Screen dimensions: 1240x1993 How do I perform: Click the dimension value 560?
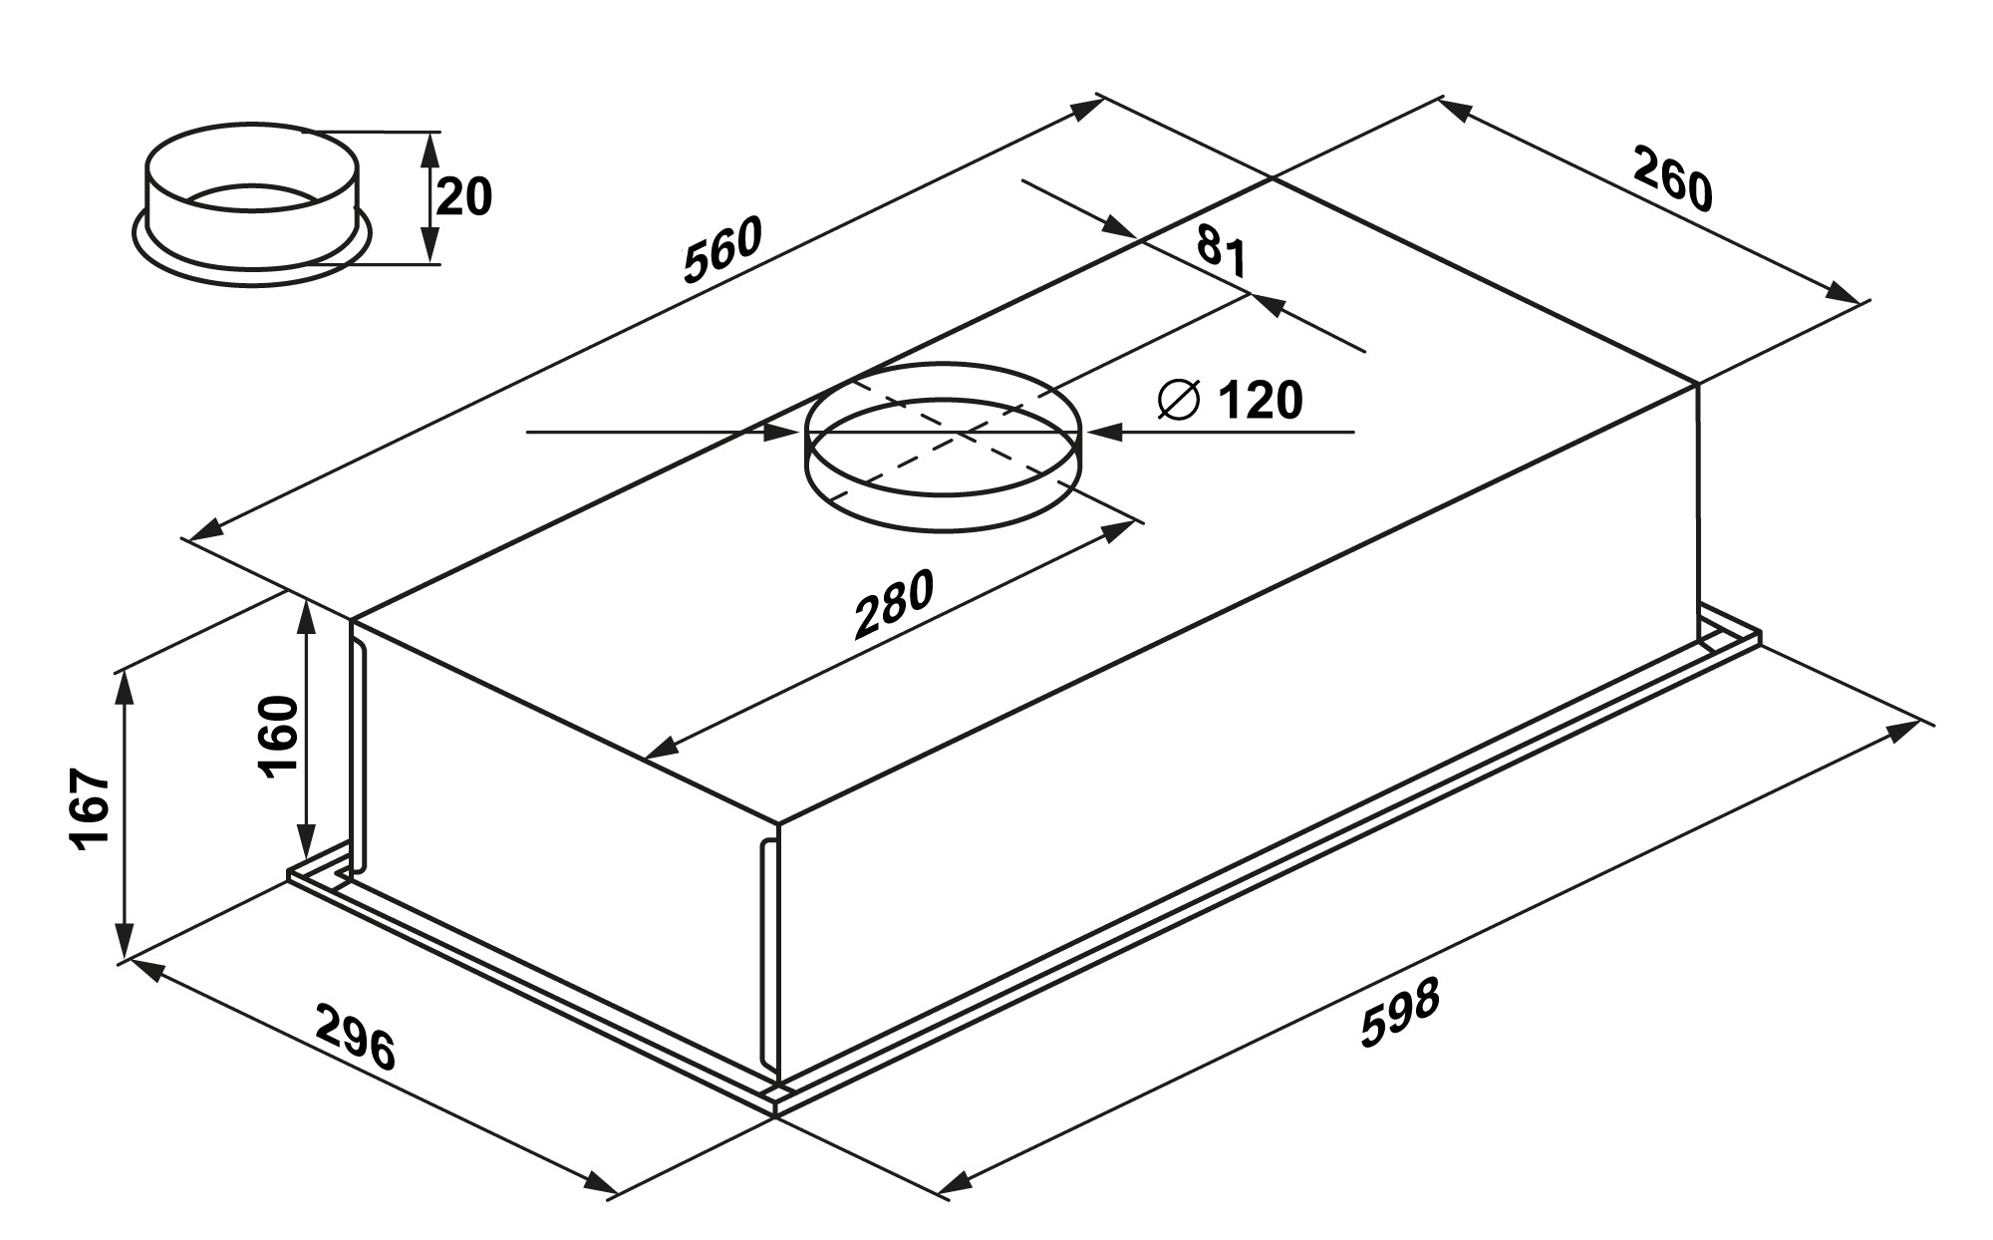coord(723,248)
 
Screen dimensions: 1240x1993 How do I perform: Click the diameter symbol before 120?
coord(1178,401)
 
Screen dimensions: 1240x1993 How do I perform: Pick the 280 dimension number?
coord(895,604)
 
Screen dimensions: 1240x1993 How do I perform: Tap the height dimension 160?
coord(279,736)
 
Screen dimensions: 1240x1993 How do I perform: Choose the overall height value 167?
coord(91,809)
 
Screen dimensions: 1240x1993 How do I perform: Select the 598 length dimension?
coord(1401,1014)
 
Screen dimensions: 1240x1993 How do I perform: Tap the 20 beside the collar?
coord(464,196)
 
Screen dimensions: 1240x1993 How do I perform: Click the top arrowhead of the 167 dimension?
coord(124,682)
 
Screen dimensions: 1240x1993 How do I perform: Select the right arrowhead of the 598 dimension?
coord(1903,731)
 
